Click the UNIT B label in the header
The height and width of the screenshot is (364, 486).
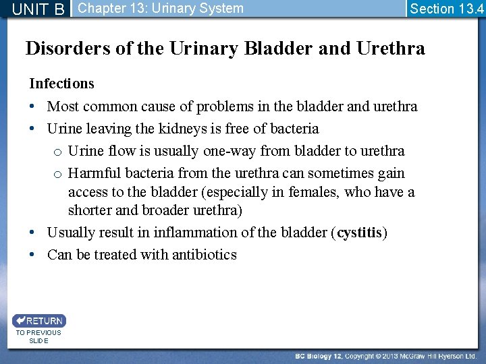tap(38, 9)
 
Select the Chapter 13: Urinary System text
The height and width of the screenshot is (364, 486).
tap(161, 9)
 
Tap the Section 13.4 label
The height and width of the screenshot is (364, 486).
tap(446, 9)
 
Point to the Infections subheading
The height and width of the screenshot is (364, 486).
tap(61, 84)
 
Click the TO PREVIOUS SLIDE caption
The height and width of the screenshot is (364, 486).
tap(38, 336)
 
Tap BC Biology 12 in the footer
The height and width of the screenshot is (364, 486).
tap(323, 355)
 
